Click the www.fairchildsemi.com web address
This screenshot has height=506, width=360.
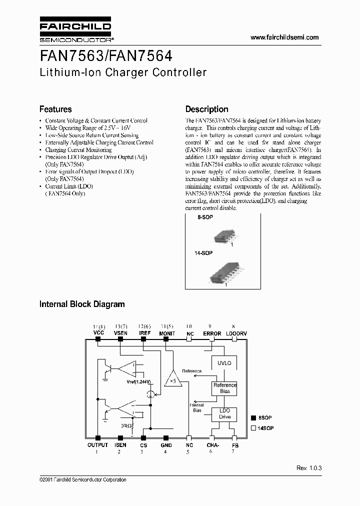[284, 37]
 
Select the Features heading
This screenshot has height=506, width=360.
[55, 109]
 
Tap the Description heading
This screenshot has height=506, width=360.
[206, 109]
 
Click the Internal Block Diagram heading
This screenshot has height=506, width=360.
[82, 303]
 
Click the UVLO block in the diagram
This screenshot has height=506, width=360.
[224, 362]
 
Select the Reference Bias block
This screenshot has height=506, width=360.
[225, 388]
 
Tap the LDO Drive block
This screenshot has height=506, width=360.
[225, 413]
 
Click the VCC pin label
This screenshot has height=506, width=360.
[98, 332]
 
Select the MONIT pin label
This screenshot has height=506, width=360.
[166, 332]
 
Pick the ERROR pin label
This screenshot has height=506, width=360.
[212, 332]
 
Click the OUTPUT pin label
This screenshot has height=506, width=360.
[97, 444]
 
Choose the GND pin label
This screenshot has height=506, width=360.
[166, 444]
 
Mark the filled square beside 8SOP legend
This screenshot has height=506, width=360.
[253, 417]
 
